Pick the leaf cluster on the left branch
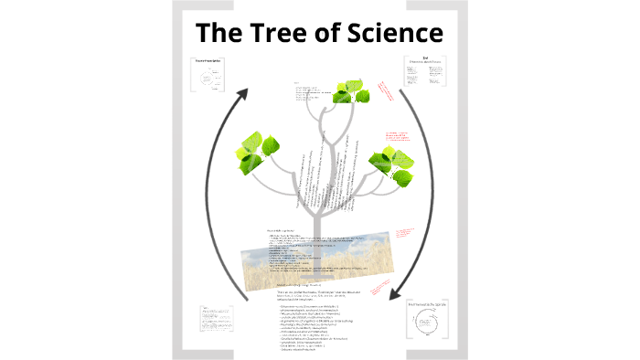point(258,148)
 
